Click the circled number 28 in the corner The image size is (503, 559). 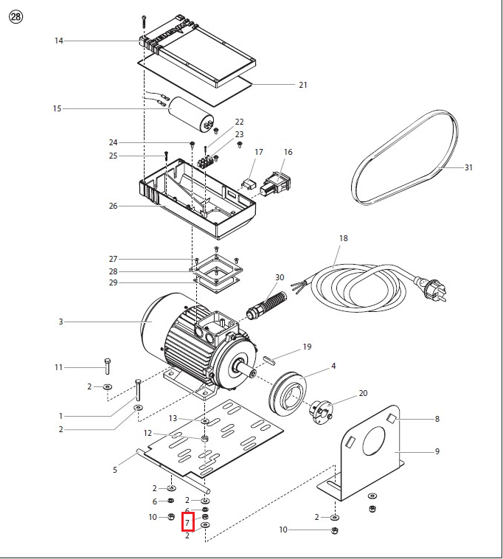coord(15,17)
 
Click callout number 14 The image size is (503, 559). coord(59,41)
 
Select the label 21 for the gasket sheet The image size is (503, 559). coord(302,85)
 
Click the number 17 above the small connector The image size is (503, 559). coord(259,152)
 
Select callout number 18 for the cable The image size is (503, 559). coord(343,238)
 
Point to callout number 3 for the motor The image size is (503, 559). coord(61,322)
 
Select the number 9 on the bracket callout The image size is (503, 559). coord(437,451)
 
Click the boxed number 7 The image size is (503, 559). coord(187,523)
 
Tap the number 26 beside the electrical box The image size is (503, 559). coord(113,206)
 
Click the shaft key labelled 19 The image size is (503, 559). coord(268,360)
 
